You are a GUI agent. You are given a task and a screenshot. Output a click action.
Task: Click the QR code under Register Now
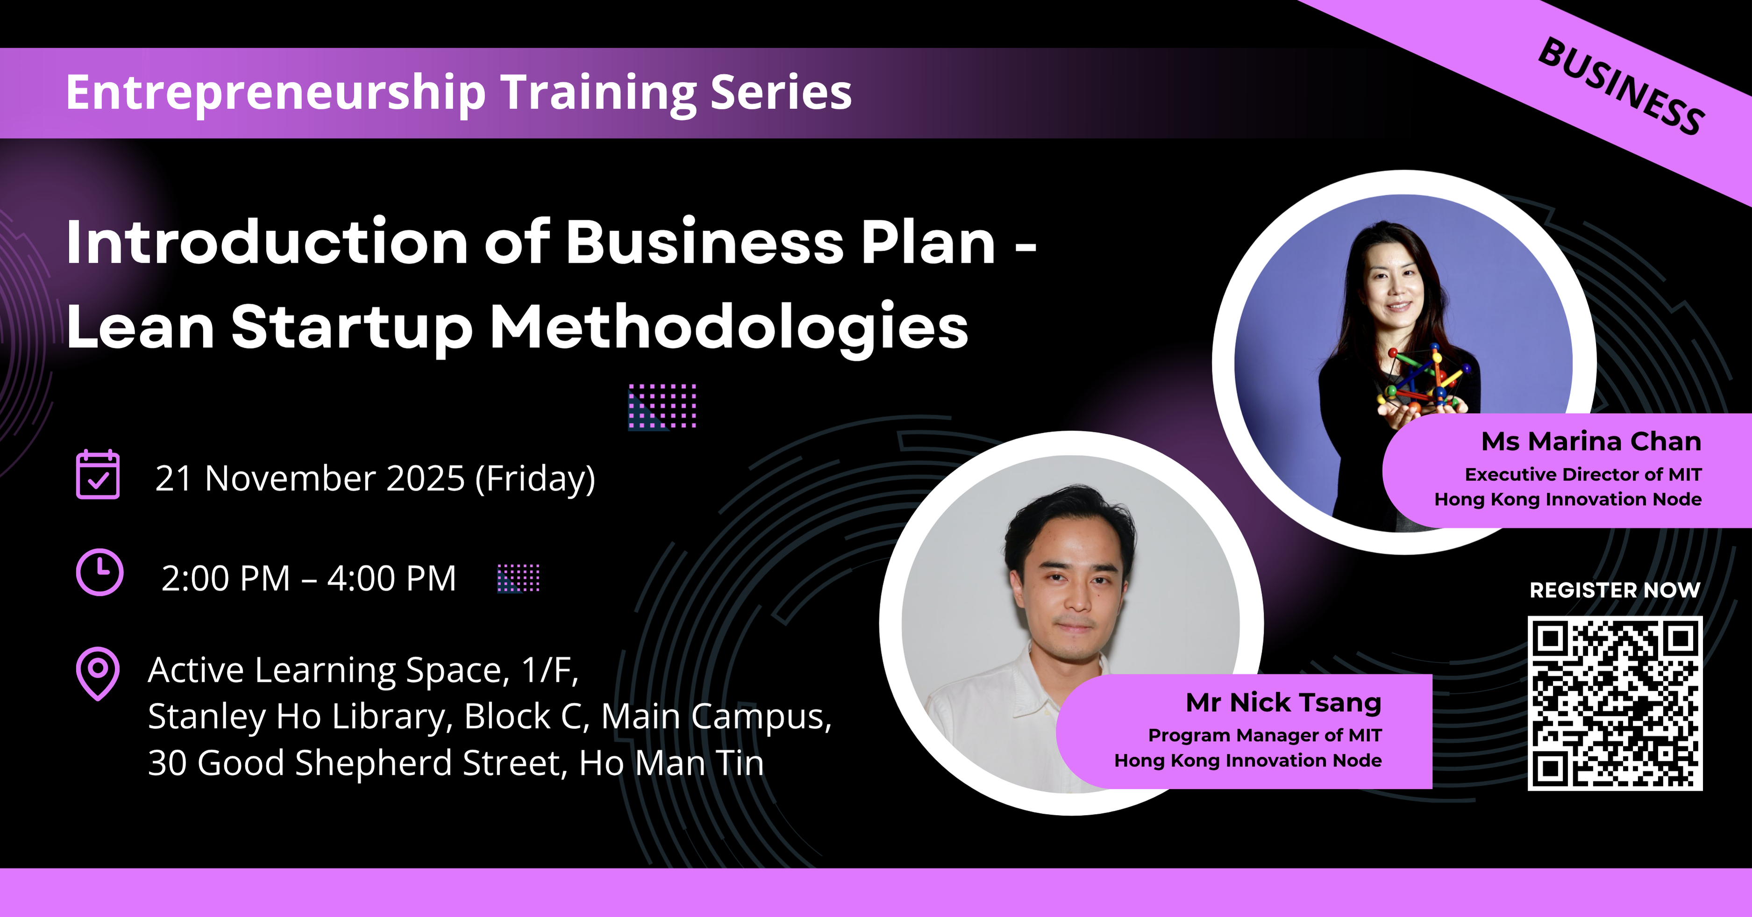(x=1615, y=703)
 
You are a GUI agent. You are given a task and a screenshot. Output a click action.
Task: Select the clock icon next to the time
(x=100, y=573)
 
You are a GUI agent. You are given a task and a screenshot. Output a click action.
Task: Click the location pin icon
(x=98, y=673)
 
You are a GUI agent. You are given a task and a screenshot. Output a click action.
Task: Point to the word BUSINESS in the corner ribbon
(x=1621, y=86)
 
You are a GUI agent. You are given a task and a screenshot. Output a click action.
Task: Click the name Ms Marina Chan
(x=1591, y=442)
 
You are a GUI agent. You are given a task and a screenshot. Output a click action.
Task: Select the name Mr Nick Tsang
(x=1283, y=703)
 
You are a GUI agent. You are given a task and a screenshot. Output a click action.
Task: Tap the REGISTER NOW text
(x=1615, y=590)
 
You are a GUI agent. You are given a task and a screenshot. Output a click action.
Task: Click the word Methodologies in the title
(x=729, y=329)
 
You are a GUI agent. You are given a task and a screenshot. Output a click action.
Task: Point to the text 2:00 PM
(x=226, y=579)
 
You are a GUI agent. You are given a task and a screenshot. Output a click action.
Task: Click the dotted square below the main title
(x=662, y=407)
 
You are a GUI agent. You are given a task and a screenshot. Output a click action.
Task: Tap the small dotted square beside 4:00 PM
(x=518, y=578)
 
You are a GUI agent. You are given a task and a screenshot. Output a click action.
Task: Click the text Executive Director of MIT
(x=1583, y=474)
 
